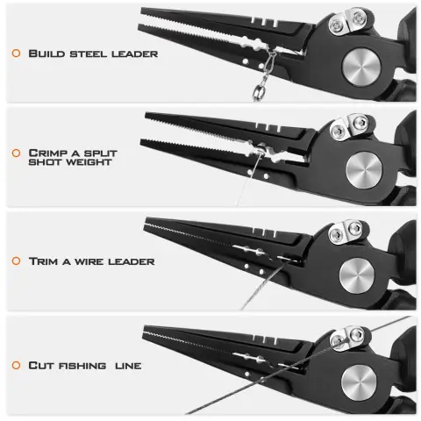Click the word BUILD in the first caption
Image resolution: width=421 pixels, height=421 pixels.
[x=46, y=54]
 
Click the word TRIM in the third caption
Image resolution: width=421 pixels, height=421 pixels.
[x=43, y=261]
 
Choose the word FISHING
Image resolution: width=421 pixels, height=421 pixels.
[x=82, y=366]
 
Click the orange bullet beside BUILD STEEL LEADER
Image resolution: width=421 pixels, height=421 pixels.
[x=16, y=54]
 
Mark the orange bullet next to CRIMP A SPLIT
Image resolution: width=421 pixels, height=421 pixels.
[x=16, y=153]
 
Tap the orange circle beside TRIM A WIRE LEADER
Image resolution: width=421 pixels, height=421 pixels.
[x=16, y=260]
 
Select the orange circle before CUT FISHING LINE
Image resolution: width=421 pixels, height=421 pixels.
[x=16, y=365]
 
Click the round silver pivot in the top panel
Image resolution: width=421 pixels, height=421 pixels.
[x=361, y=67]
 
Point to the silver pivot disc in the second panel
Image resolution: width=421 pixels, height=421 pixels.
[x=364, y=170]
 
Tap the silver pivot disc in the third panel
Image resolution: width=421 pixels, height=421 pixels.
[x=357, y=275]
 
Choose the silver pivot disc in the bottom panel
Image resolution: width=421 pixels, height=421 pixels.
[x=359, y=382]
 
